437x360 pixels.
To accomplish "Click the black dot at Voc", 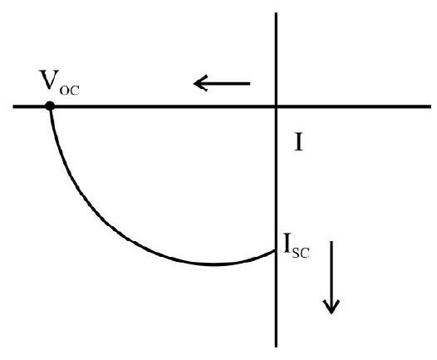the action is pyautogui.click(x=50, y=106).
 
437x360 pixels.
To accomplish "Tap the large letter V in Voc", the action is pyautogui.click(x=50, y=80).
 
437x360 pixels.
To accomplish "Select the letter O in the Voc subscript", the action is pyautogui.click(x=65, y=91).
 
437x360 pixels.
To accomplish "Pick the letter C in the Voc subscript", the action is pyautogui.click(x=75, y=91).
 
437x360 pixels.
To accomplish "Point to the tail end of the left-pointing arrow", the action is pyautogui.click(x=250, y=83).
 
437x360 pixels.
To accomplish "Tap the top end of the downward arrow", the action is pyautogui.click(x=331, y=242).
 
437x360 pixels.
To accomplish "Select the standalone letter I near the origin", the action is pyautogui.click(x=298, y=142).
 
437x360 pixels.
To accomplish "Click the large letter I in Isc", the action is pyautogui.click(x=287, y=244).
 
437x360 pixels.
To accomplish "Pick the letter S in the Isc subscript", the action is pyautogui.click(x=296, y=253).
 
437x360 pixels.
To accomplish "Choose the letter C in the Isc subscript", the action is pyautogui.click(x=305, y=253).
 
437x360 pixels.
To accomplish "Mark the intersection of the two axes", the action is pyautogui.click(x=276, y=106).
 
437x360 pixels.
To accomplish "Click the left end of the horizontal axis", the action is pyautogui.click(x=13, y=106).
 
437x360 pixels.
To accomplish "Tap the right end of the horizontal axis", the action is pyautogui.click(x=430, y=106).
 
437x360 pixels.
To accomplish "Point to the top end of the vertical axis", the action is pyautogui.click(x=276, y=12).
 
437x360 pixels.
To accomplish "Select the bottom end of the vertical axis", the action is pyautogui.click(x=276, y=347).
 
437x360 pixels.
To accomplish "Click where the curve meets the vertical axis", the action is pyautogui.click(x=275, y=251).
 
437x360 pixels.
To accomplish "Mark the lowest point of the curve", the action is pyautogui.click(x=214, y=264).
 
